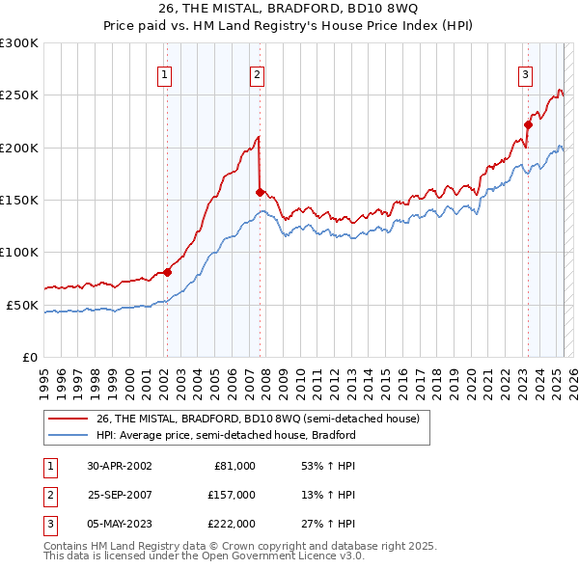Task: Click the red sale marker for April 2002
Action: (x=167, y=272)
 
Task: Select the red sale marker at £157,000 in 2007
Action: (x=260, y=192)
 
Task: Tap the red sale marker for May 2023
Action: (x=528, y=124)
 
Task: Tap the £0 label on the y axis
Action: (x=29, y=357)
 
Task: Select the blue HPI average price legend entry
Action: (x=226, y=435)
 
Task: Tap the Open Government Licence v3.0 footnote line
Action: (x=204, y=556)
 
